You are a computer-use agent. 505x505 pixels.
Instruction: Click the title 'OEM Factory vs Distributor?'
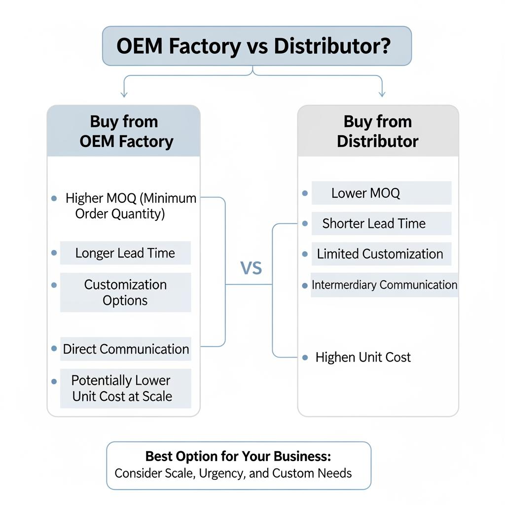pyautogui.click(x=253, y=46)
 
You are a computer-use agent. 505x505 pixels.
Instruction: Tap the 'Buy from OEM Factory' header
pyautogui.click(x=124, y=131)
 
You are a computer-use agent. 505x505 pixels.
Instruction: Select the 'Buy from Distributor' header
pyautogui.click(x=378, y=131)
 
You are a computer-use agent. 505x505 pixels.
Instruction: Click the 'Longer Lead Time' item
pyautogui.click(x=125, y=253)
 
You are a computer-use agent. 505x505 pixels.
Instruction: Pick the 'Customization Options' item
pyautogui.click(x=125, y=292)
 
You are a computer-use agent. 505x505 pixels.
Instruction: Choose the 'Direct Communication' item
pyautogui.click(x=126, y=349)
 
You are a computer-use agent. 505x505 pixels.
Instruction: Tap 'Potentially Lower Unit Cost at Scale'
pyautogui.click(x=122, y=388)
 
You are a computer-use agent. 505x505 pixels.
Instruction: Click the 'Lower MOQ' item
pyautogui.click(x=365, y=193)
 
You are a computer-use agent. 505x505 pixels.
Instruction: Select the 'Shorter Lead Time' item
pyautogui.click(x=374, y=223)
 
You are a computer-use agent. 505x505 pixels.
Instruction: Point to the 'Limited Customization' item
pyautogui.click(x=380, y=254)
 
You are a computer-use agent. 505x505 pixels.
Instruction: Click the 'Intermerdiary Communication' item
pyautogui.click(x=384, y=285)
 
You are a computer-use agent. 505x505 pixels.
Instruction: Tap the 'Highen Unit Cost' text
pyautogui.click(x=363, y=358)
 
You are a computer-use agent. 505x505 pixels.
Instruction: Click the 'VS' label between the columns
pyautogui.click(x=251, y=268)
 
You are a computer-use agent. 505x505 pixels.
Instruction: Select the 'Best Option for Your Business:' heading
pyautogui.click(x=238, y=456)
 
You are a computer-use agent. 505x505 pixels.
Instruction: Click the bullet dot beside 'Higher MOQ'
pyautogui.click(x=54, y=199)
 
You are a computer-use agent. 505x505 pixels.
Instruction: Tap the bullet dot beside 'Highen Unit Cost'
pyautogui.click(x=305, y=358)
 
